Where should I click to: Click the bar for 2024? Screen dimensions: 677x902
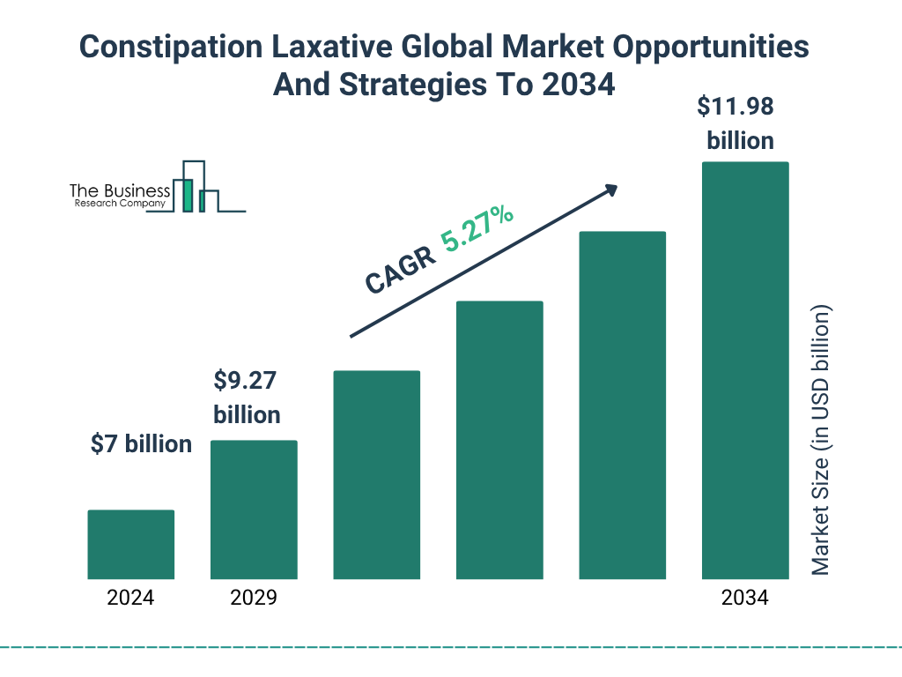pos(131,544)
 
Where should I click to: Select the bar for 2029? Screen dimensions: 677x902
pos(254,510)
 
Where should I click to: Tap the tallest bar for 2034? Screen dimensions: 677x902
pos(744,370)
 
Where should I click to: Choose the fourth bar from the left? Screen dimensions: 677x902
pos(499,440)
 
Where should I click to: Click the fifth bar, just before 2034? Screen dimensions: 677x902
pos(622,405)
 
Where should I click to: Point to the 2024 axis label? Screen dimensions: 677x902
pos(130,598)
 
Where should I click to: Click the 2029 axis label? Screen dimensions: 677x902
pos(254,598)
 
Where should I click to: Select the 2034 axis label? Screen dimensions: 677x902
pos(744,598)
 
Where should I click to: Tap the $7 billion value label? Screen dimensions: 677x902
pos(141,444)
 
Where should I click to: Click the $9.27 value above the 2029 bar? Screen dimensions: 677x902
pos(247,382)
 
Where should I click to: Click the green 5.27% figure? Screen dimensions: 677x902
pos(477,230)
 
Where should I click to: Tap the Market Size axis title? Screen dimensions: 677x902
pos(821,441)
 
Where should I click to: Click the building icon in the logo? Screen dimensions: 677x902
pos(196,188)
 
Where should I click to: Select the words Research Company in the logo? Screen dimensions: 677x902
pos(119,204)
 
